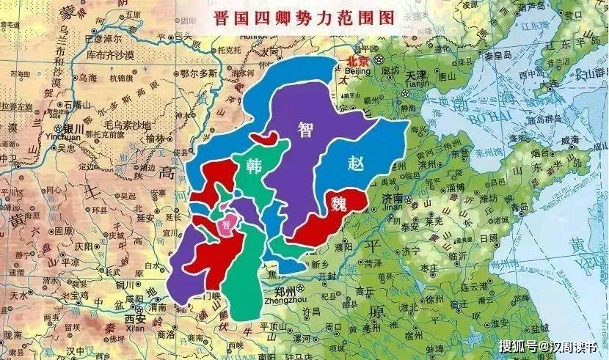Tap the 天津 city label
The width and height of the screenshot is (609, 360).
(x=416, y=76)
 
